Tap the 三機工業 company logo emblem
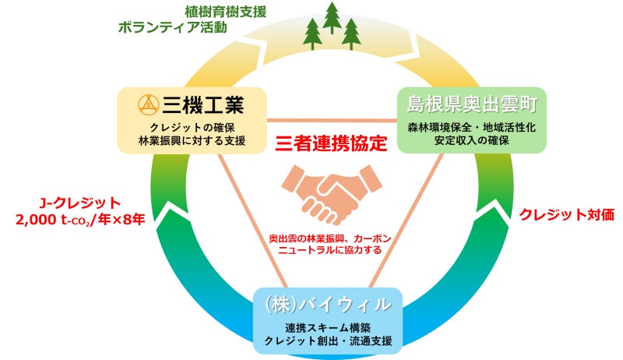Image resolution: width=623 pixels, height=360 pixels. coord(148,104)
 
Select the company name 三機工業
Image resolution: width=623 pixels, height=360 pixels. coord(204,104)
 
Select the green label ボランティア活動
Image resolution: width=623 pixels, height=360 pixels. coord(172,28)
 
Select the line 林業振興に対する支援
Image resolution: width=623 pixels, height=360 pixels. coord(192,141)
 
